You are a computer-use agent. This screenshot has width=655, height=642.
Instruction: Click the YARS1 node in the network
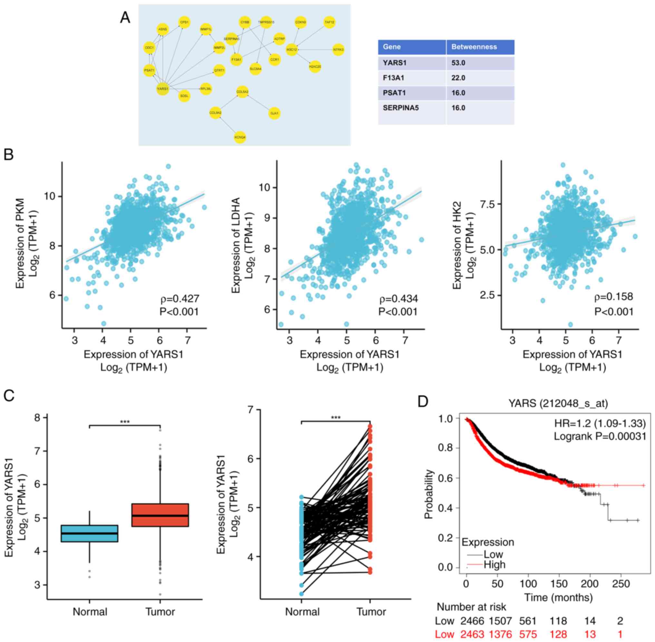coord(162,89)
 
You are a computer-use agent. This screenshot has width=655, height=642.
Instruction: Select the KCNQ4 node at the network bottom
coord(240,137)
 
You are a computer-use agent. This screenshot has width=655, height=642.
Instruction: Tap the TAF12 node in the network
coord(329,22)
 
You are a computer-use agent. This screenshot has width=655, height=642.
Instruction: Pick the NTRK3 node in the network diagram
coord(338,50)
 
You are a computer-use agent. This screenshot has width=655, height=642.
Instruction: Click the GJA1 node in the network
coord(274,114)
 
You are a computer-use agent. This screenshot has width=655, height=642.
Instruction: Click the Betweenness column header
coord(474,47)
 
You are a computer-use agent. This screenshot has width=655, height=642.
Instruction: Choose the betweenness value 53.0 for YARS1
coord(458,63)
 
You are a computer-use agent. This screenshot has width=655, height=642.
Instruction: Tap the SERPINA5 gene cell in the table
coord(401,108)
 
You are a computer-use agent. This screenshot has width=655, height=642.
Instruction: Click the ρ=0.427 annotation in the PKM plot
coord(180,299)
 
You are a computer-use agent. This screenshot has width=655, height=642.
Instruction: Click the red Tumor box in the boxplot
coord(160,515)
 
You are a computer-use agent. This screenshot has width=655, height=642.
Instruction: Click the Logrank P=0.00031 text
coord(600,436)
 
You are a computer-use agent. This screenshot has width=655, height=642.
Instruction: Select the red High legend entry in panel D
coord(494,565)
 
